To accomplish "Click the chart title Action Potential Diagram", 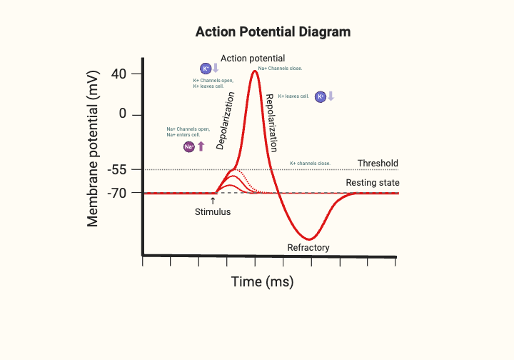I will tap(273, 32).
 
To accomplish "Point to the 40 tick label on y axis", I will tap(119, 74).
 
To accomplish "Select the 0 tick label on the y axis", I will tap(123, 114).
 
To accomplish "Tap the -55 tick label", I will tap(117, 170).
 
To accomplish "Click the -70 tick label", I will tap(117, 193).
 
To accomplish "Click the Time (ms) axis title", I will tap(262, 282).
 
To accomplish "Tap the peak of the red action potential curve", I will tap(254, 70).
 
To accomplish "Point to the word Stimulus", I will tap(213, 212).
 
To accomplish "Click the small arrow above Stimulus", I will tap(213, 201).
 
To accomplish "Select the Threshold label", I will tap(378, 164).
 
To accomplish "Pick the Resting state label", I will tap(372, 183).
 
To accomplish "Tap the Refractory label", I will tap(308, 248).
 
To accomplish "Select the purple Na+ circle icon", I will tap(189, 146).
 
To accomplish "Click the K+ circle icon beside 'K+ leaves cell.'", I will tap(321, 96).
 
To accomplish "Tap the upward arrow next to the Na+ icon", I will tap(201, 146).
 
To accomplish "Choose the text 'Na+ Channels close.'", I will tap(280, 69).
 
